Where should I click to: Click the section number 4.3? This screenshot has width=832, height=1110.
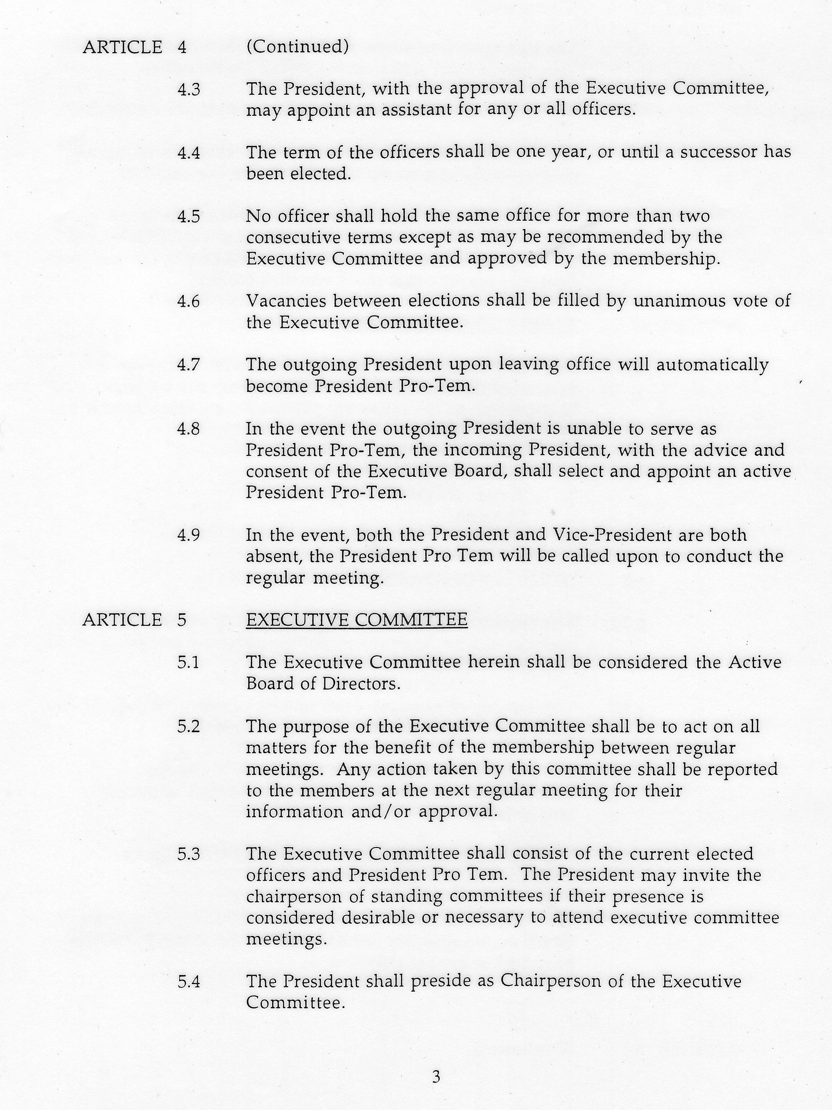click(x=188, y=90)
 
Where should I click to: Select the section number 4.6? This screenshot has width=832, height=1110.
click(x=188, y=301)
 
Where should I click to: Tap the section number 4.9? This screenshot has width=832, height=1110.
click(x=188, y=535)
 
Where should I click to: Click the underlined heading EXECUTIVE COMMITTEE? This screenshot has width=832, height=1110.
click(x=356, y=620)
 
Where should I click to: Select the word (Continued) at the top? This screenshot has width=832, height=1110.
click(x=297, y=47)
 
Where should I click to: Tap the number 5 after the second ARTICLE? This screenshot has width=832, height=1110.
click(x=182, y=620)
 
